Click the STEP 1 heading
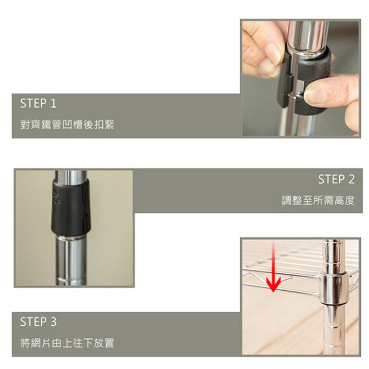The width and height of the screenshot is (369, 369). click(38, 103)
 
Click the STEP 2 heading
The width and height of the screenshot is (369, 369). click(336, 179)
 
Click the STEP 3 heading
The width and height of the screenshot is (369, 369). click(38, 322)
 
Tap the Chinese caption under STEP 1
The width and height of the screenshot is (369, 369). click(67, 124)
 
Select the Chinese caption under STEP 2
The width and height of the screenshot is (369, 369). click(319, 200)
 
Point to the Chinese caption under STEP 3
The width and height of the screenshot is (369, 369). click(67, 343)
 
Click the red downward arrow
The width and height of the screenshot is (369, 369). click(273, 268)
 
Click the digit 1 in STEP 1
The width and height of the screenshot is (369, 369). click(54, 103)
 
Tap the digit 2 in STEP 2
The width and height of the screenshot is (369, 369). click(351, 179)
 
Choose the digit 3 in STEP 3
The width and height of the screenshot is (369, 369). click(53, 322)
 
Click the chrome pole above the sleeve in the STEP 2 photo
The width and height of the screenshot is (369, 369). click(71, 175)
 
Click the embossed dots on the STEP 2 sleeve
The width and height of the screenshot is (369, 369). click(56, 198)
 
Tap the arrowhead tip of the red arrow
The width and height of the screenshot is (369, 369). click(273, 292)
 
